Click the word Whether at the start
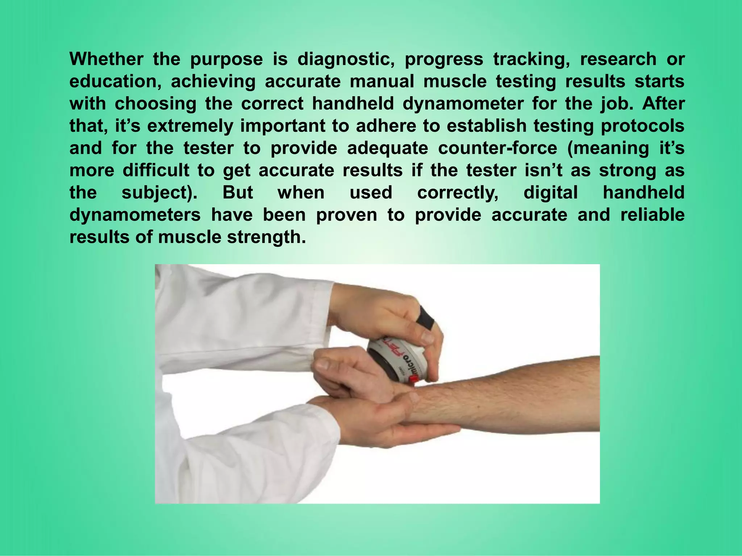(x=106, y=59)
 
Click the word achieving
(x=213, y=81)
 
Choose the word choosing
(x=155, y=104)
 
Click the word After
(x=663, y=104)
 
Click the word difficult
(x=156, y=170)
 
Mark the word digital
(x=550, y=193)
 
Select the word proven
(x=346, y=215)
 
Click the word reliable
(x=652, y=215)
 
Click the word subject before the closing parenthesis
(x=156, y=193)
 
